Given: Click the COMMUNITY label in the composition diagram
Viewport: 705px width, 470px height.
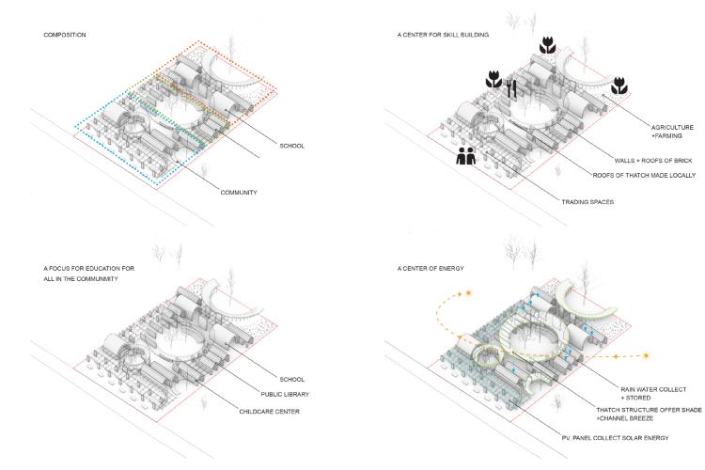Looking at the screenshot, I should pyautogui.click(x=239, y=193).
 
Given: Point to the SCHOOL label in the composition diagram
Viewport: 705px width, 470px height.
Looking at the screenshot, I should pyautogui.click(x=291, y=146).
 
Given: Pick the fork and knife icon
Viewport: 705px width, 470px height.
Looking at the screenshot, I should pyautogui.click(x=512, y=89).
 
